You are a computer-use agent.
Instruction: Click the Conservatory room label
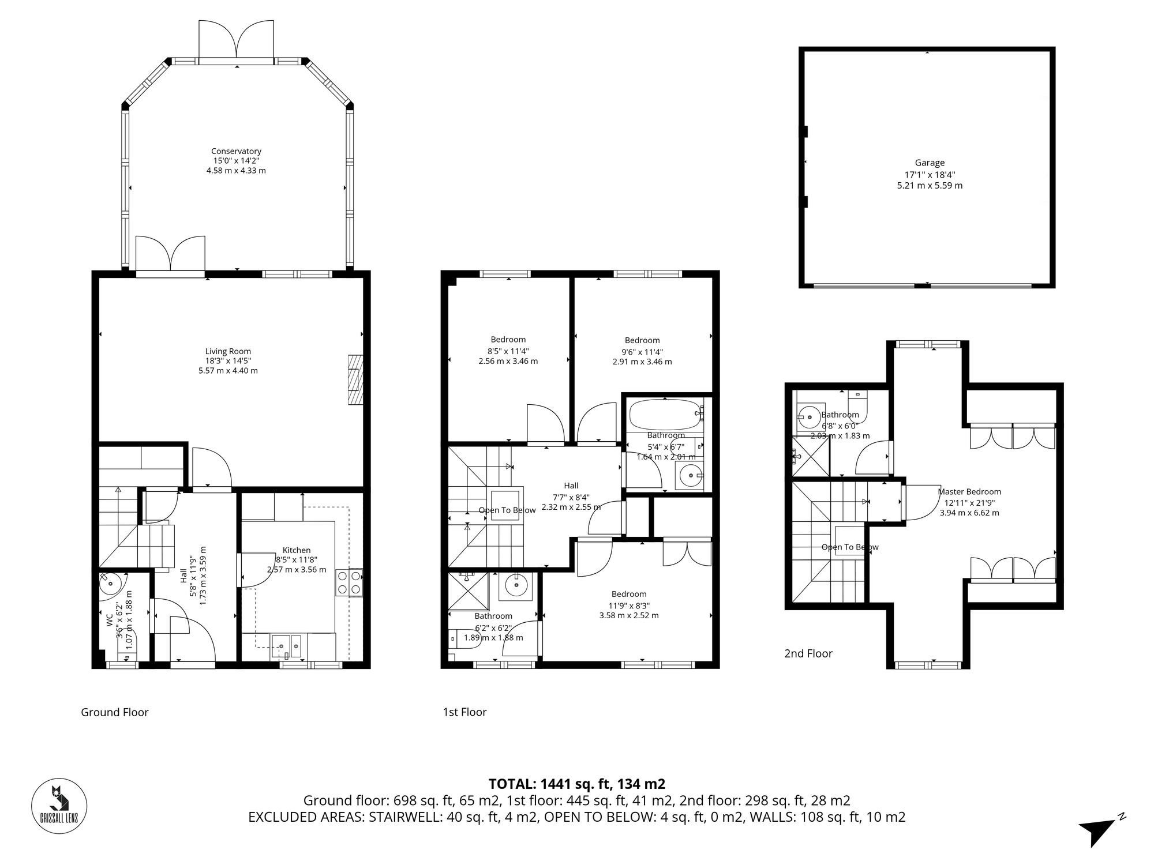pyautogui.click(x=236, y=152)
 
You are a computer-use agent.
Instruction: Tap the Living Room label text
pyautogui.click(x=228, y=351)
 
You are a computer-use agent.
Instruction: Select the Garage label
pyautogui.click(x=930, y=163)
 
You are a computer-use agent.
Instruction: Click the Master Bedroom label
pyautogui.click(x=969, y=492)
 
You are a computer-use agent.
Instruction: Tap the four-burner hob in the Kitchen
pyautogui.click(x=349, y=582)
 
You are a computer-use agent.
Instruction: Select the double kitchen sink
pyautogui.click(x=287, y=645)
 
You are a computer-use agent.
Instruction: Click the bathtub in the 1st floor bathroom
pyautogui.click(x=664, y=415)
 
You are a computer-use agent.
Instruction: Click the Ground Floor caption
pyautogui.click(x=115, y=712)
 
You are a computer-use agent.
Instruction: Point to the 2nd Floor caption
pyautogui.click(x=808, y=653)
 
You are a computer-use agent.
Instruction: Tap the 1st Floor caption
pyautogui.click(x=464, y=712)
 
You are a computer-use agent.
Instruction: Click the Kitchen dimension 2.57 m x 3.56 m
pyautogui.click(x=297, y=570)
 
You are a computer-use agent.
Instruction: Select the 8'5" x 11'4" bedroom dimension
pyautogui.click(x=508, y=351)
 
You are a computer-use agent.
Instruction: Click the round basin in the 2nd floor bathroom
pyautogui.click(x=809, y=416)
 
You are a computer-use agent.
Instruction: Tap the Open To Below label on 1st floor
pyautogui.click(x=507, y=510)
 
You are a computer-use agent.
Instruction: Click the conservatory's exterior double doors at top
pyautogui.click(x=236, y=40)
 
